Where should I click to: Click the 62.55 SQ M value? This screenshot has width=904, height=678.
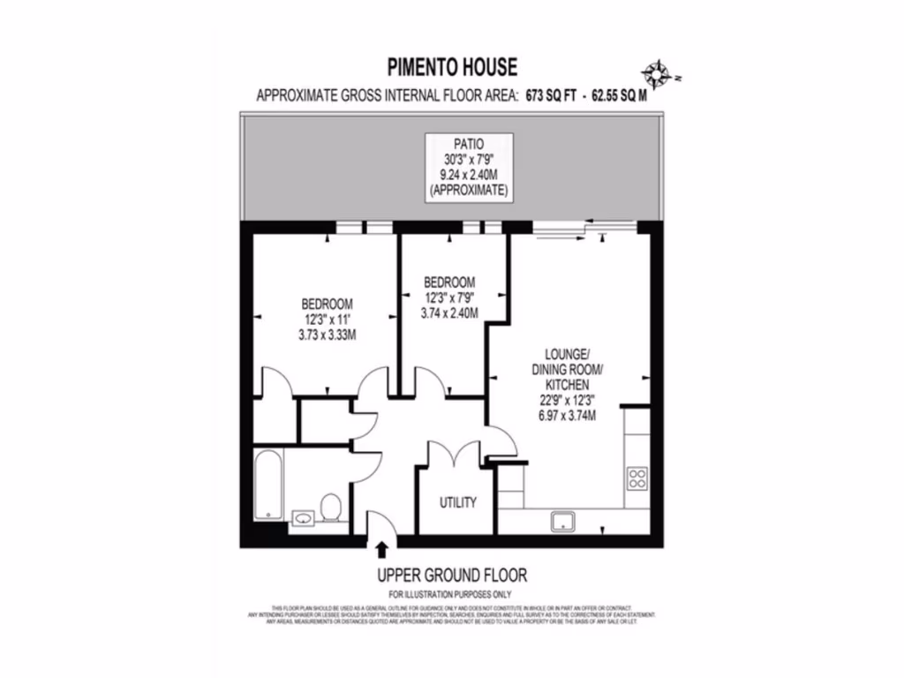619,97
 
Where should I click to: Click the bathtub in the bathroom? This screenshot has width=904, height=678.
268,486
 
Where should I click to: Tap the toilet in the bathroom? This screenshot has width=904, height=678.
331,508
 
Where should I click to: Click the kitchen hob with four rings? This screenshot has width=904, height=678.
637,478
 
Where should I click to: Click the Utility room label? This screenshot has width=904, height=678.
458,502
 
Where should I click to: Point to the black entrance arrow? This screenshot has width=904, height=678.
381,551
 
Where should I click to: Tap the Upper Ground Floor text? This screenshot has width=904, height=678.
452,576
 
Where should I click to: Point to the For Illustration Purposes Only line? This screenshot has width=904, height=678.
452,594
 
